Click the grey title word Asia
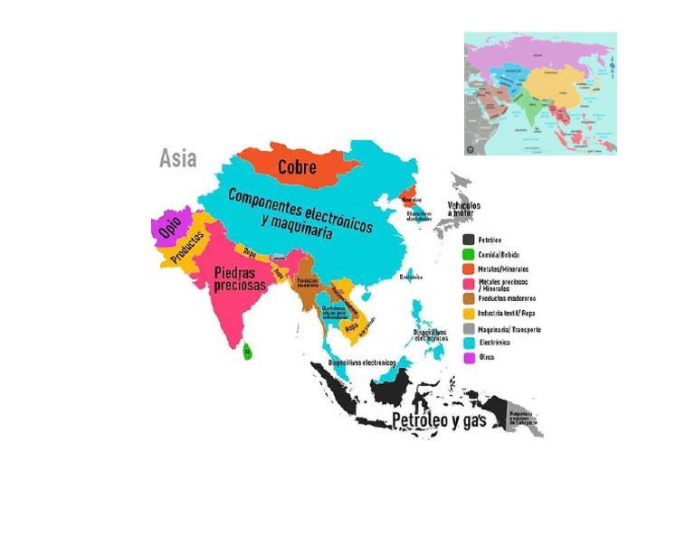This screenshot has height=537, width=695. pos(177,158)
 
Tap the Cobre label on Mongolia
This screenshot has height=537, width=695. pos(297,167)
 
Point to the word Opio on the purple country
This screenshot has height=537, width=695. pos(169,227)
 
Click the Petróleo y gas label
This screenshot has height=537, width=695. pos(439,420)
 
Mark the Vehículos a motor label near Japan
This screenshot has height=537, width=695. pos(464,210)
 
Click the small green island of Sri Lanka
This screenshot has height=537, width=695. pos(247,352)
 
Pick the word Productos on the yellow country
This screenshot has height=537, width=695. pos(188,245)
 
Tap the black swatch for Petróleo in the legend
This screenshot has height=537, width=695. pos(469,240)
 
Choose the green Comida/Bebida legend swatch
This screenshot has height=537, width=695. pos(469,254)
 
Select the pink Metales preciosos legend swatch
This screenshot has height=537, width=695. pos(469,284)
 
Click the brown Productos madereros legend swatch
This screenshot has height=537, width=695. pos(469,298)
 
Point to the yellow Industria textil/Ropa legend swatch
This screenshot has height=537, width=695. pos(469,313)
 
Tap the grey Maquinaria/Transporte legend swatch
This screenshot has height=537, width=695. pos(469,328)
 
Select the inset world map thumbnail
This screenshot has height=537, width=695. pos(540,94)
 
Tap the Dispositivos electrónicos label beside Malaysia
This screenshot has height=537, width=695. pos(362,363)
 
